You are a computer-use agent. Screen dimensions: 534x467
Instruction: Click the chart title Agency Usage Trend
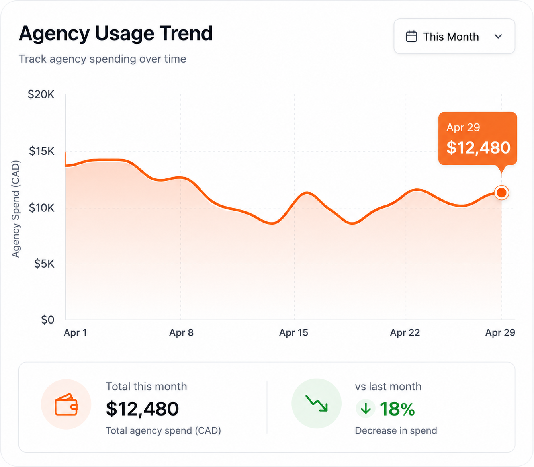click(116, 34)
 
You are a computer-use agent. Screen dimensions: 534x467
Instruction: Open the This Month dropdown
click(454, 36)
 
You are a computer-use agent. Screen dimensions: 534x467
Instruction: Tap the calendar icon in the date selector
click(411, 36)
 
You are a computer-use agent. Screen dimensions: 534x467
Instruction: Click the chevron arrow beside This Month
click(498, 36)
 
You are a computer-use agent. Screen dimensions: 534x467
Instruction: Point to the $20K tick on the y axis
click(41, 94)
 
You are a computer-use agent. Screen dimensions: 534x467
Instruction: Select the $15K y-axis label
click(42, 151)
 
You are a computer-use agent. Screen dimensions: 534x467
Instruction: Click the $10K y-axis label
click(42, 208)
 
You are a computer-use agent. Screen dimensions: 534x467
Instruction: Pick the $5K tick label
click(44, 264)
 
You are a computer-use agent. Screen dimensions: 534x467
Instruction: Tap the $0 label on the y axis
click(48, 320)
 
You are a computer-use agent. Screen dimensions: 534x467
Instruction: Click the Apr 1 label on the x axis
click(75, 333)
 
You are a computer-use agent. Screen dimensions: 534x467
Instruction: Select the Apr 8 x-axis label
click(181, 333)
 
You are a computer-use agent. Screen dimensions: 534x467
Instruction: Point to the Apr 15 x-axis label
click(293, 333)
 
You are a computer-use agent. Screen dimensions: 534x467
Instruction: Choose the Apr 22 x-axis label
click(405, 333)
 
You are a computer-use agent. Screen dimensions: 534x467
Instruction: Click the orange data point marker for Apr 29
click(501, 193)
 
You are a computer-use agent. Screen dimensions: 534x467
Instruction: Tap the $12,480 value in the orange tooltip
click(478, 148)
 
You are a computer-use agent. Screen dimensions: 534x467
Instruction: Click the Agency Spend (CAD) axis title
click(16, 209)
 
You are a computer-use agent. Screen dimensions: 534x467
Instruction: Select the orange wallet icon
click(66, 404)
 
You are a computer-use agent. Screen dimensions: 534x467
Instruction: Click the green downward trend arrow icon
click(317, 403)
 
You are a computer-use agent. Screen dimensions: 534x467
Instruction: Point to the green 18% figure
click(397, 409)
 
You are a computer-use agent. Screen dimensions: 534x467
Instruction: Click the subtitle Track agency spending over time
click(102, 59)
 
